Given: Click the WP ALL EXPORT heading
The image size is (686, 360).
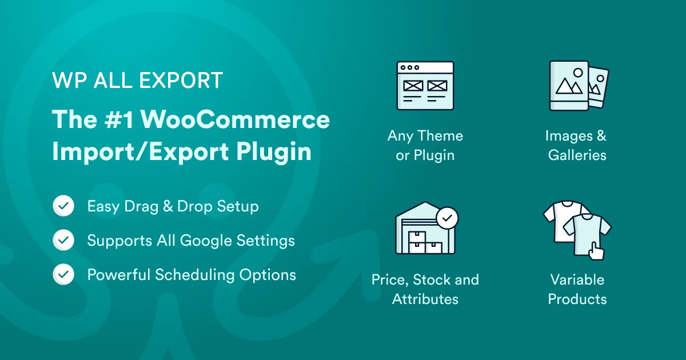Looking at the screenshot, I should [x=137, y=81].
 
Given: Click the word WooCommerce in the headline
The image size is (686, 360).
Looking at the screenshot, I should [x=236, y=119].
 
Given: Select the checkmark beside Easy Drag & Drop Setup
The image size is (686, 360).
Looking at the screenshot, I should [x=63, y=206].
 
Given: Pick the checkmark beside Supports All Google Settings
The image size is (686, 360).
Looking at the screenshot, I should [x=63, y=241].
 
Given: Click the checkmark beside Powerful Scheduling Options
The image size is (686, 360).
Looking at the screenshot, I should [x=63, y=275].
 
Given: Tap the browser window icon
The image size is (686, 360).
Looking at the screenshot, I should [x=425, y=86].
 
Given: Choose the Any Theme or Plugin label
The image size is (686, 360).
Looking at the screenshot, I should [x=425, y=145].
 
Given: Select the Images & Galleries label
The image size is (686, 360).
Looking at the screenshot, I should [x=576, y=145].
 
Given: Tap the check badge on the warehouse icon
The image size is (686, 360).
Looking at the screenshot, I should [x=446, y=218].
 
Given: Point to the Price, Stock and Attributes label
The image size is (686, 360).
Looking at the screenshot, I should [x=425, y=289].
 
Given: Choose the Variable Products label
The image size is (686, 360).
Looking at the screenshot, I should [x=577, y=289].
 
